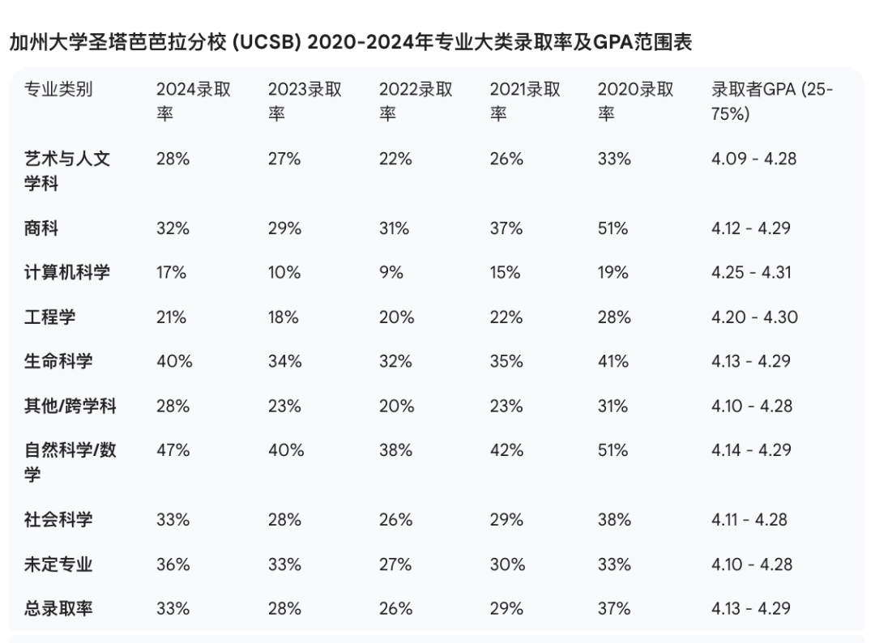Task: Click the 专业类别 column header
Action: [x=58, y=89]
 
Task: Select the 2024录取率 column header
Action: [x=193, y=101]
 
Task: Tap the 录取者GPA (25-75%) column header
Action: [x=771, y=101]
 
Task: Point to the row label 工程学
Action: [x=49, y=317]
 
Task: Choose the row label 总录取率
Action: [x=58, y=607]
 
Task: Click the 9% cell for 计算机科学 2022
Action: [x=391, y=272]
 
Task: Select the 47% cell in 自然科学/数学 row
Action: [x=173, y=450]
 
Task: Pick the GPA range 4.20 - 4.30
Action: [x=754, y=317]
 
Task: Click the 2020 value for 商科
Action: [x=613, y=228]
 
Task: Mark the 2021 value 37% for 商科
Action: [x=506, y=228]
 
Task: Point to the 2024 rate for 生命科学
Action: [x=173, y=361]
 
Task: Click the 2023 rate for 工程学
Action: [x=284, y=317]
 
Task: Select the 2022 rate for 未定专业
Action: [x=395, y=564]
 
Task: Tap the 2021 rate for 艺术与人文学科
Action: [x=506, y=159]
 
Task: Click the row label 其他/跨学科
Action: [x=70, y=406]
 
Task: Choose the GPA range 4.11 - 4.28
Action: [x=749, y=519]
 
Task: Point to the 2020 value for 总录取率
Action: [x=614, y=607]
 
